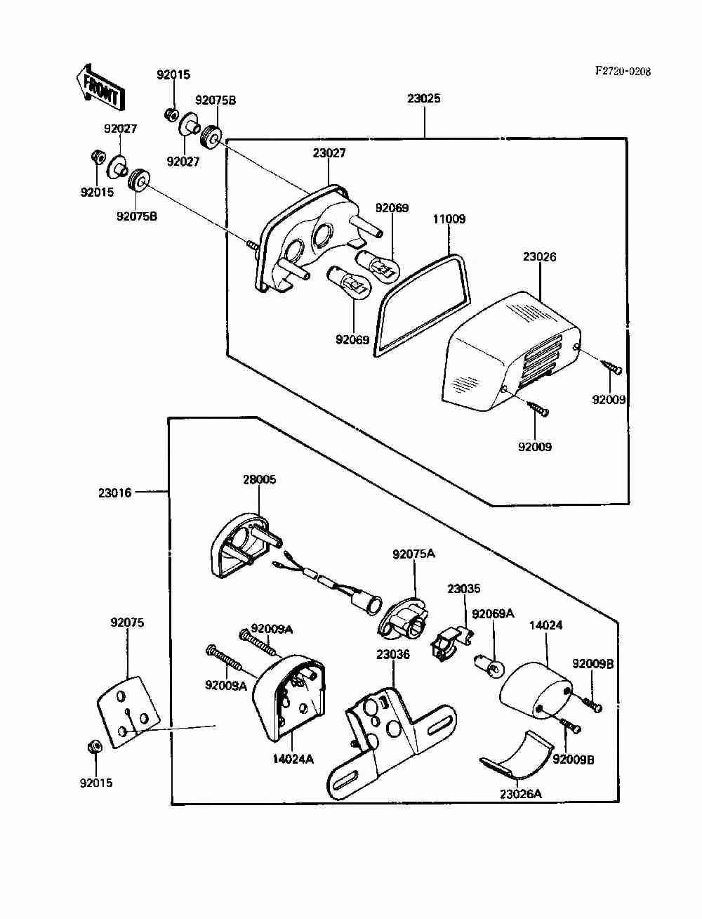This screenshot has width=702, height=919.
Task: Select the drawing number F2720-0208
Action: point(623,71)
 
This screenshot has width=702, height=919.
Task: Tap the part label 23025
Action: point(424,98)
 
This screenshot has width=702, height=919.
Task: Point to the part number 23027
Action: point(329,152)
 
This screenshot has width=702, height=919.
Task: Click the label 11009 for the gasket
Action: point(449,219)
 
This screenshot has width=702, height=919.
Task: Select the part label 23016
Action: point(115,493)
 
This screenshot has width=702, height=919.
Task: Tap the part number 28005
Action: point(260,480)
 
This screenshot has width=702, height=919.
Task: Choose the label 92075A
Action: point(413,554)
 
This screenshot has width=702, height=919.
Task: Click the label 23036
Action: point(393,654)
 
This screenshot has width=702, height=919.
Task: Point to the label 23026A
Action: point(521,794)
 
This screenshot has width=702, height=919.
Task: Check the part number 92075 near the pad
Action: point(127,623)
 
